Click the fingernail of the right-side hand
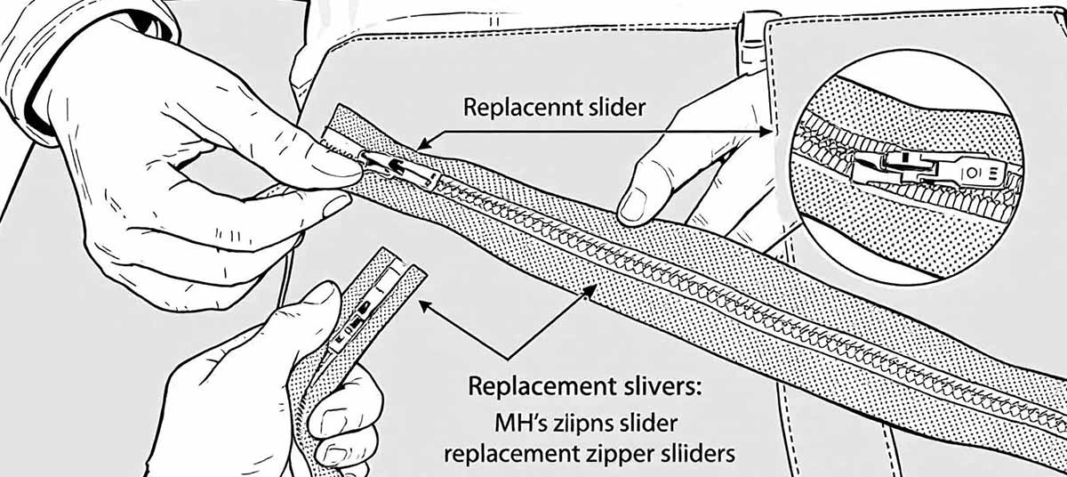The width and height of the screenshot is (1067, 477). click(x=633, y=206)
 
